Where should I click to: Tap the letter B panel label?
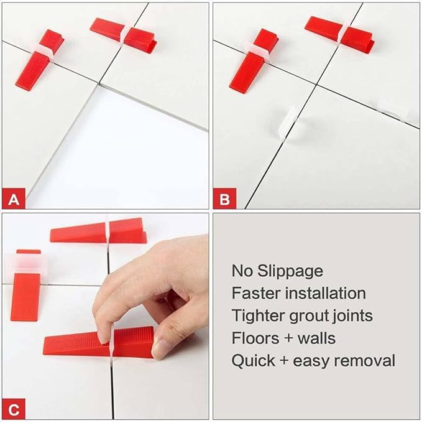point(225,200)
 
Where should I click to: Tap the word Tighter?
point(257,315)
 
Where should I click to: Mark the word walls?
point(315,338)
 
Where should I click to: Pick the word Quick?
point(251,360)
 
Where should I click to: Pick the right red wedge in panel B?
point(339,31)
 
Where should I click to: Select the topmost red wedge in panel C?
point(99,231)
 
